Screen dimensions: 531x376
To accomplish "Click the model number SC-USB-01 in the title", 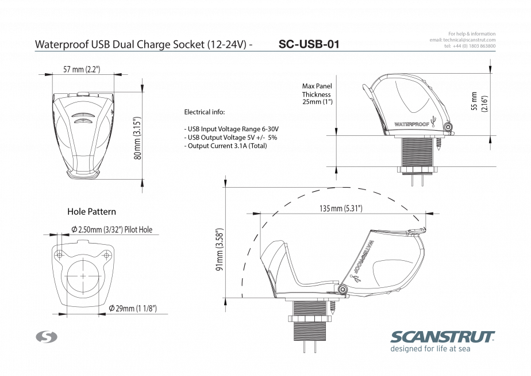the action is tap(309, 44).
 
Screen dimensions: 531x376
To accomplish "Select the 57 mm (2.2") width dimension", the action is tap(82, 69).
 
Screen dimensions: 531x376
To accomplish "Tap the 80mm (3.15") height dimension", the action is tap(137, 138).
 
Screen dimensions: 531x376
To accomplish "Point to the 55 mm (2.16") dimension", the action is tap(479, 101).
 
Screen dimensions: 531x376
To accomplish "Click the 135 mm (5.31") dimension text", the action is tap(341, 208).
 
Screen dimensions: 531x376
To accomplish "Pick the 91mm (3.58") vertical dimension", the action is tap(220, 249).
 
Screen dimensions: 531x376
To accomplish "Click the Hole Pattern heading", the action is tap(91, 212).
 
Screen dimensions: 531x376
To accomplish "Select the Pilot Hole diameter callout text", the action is tap(111, 230).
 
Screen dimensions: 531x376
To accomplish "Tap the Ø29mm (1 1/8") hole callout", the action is tap(133, 308).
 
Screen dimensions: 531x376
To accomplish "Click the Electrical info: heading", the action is tap(204, 112).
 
